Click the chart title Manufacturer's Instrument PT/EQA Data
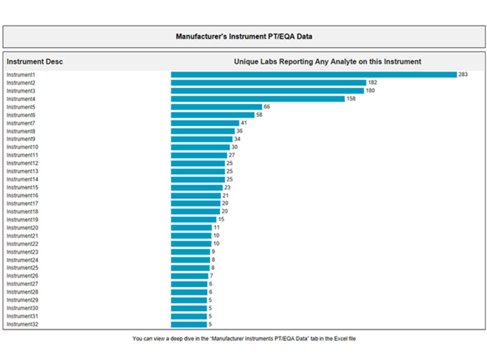coord(243,37)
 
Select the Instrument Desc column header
coord(35,61)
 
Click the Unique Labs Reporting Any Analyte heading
coord(327,61)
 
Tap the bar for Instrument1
coord(314,75)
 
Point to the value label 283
coord(463,75)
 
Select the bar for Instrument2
coord(268,83)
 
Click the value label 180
coord(371,91)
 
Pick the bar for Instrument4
coord(257,99)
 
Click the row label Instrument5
coord(21,107)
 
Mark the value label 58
coord(259,115)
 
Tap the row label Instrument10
coord(22,147)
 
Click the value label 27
coord(232,155)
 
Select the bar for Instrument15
coord(197,188)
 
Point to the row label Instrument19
coord(22,220)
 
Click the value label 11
coord(216,228)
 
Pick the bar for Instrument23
coord(190,252)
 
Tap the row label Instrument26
coord(22,276)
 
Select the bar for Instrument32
coord(188,325)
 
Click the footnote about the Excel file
coord(244,339)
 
